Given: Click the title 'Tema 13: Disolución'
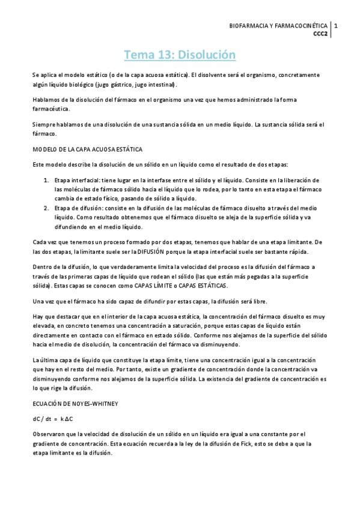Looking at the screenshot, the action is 180,55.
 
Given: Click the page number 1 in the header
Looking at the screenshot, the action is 337,26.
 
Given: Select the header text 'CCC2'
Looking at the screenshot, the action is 320,34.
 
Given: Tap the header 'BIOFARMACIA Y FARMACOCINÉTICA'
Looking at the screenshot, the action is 279,26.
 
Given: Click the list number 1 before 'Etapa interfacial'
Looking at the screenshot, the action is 47,180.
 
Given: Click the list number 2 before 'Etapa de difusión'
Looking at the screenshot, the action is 47,207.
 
